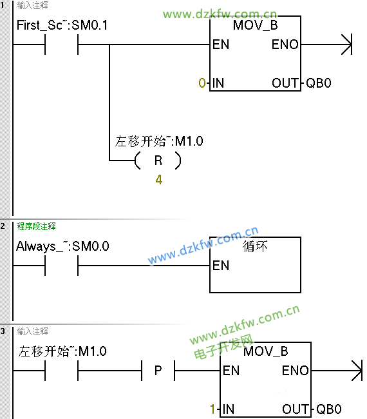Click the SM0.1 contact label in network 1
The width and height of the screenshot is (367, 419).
tap(62, 25)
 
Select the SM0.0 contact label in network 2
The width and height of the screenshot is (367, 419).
tap(62, 246)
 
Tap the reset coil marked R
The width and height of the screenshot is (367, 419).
tap(158, 161)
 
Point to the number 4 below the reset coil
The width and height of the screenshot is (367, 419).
tap(159, 180)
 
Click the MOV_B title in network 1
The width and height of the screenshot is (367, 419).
tap(255, 25)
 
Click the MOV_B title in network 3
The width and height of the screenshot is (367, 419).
tap(265, 351)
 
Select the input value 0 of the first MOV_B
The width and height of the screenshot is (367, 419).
tap(202, 83)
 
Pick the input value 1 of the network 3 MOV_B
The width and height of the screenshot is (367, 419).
tap(212, 409)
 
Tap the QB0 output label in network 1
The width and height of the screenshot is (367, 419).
tap(319, 83)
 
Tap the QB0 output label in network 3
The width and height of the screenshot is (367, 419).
tap(329, 409)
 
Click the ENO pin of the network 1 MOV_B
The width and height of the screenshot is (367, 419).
tap(285, 44)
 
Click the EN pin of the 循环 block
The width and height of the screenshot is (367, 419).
tap(221, 266)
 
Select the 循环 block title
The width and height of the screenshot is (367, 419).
tap(255, 246)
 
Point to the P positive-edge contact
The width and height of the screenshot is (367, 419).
tap(158, 371)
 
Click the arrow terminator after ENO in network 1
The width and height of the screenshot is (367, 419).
tap(347, 44)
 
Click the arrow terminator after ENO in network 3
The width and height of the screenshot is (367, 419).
tap(357, 371)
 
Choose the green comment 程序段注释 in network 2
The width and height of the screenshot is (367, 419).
tap(36, 226)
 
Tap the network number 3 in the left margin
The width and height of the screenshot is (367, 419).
tap(3, 331)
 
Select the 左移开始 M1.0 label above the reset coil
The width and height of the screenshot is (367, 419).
tap(159, 141)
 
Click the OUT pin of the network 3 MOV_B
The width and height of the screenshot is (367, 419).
tap(295, 409)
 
